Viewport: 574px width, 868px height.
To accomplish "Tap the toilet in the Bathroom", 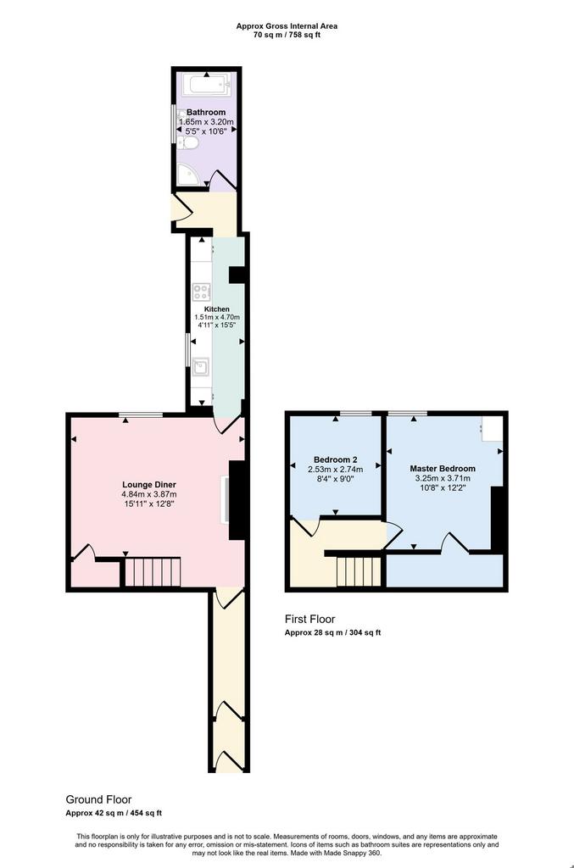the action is click(188, 143).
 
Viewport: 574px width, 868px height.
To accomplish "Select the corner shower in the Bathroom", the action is click(188, 175).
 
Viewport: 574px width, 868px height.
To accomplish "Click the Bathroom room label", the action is click(206, 113).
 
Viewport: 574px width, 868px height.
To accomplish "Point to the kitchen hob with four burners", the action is click(201, 292).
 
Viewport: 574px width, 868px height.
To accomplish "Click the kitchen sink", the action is click(201, 367).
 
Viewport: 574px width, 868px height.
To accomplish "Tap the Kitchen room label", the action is click(217, 309).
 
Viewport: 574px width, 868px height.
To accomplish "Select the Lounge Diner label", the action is click(149, 485).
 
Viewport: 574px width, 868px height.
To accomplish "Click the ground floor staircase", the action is click(153, 572).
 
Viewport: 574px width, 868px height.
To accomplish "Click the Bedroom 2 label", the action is click(336, 459).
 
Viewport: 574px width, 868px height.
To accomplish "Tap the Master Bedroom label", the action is click(443, 468).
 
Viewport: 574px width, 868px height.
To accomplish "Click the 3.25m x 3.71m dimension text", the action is click(443, 478).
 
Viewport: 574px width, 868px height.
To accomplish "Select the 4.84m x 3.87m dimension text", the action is click(149, 494).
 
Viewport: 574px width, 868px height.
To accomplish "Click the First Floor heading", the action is click(310, 619).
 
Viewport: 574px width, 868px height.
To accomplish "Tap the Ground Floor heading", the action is click(98, 799).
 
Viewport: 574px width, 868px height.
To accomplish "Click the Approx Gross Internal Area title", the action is click(287, 26).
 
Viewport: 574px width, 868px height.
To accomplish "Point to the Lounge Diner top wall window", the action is click(141, 415).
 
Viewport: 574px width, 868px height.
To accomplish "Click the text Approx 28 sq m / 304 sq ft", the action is click(332, 632).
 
